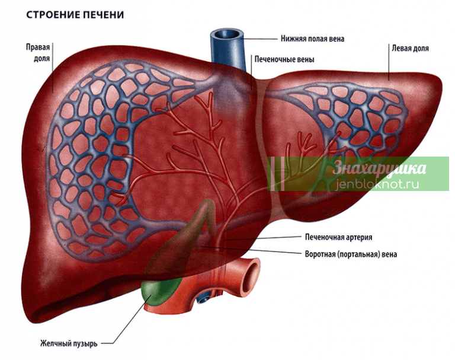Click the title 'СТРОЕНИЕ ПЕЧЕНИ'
coord(75,15)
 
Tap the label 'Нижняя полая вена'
coord(312,39)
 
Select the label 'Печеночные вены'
coord(284,59)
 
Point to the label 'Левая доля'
coord(410,48)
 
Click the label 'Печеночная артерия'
coord(338,237)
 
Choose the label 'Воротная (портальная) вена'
coord(351,254)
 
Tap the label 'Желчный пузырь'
coord(69,344)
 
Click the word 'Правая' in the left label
coord(38,47)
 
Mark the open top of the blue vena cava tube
coord(227,34)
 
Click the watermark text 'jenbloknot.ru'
coord(378,184)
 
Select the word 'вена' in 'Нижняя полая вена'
coord(337,39)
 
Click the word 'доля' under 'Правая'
coord(42,59)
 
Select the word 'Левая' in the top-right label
coord(400,48)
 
